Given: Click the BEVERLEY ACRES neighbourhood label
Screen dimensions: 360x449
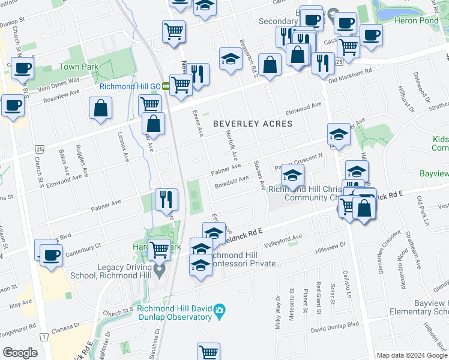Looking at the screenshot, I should pos(253,124).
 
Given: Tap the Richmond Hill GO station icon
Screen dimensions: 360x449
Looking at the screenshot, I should pos(165,86).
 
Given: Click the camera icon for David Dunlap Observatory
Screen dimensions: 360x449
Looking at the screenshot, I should pos(220,310).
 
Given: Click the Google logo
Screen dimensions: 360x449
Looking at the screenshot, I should pos(20,353).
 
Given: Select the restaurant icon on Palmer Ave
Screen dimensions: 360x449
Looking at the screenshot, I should pos(166,199).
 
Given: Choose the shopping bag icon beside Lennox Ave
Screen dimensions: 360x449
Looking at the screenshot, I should pos(100,109).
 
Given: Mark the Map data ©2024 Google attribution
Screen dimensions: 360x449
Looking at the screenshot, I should pos(411,355).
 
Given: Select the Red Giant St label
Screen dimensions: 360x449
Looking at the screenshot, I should pos(318,297).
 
